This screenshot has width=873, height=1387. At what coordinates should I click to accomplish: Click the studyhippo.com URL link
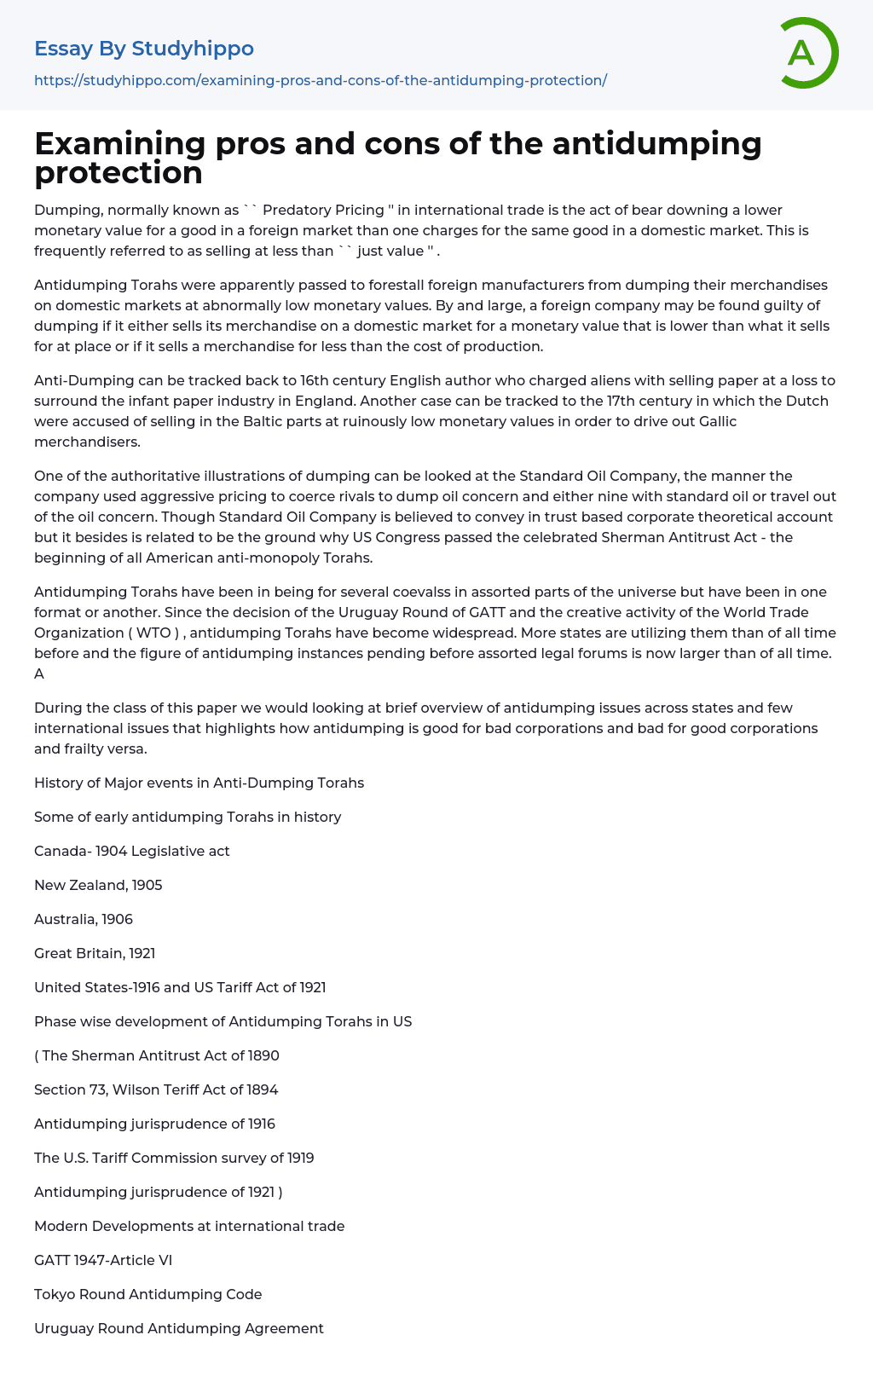point(320,80)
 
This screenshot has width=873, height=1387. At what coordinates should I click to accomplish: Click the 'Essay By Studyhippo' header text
point(144,49)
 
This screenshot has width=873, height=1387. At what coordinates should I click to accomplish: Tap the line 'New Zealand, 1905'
point(98,885)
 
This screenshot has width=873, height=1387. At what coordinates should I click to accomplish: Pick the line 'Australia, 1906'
point(84,919)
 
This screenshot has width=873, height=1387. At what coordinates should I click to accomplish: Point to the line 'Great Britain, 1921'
point(95,953)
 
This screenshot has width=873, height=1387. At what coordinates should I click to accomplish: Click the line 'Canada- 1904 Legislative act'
point(132,851)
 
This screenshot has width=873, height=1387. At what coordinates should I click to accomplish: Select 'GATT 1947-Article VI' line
point(103,1260)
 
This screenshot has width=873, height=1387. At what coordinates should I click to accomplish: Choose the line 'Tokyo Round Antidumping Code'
point(147,1294)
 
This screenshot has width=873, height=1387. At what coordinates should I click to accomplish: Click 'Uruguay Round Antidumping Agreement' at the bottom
point(179,1328)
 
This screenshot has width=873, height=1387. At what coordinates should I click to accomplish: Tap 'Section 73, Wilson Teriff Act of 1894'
point(156,1089)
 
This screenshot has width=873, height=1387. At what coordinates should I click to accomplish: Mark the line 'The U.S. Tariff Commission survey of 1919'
point(174,1158)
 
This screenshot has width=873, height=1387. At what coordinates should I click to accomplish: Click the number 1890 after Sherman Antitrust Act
point(263,1055)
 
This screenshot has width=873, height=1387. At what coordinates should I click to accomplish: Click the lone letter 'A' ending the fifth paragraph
point(39,673)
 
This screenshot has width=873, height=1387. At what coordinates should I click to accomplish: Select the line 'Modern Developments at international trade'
point(189,1226)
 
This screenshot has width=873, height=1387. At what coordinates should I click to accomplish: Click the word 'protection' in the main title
point(119,172)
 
